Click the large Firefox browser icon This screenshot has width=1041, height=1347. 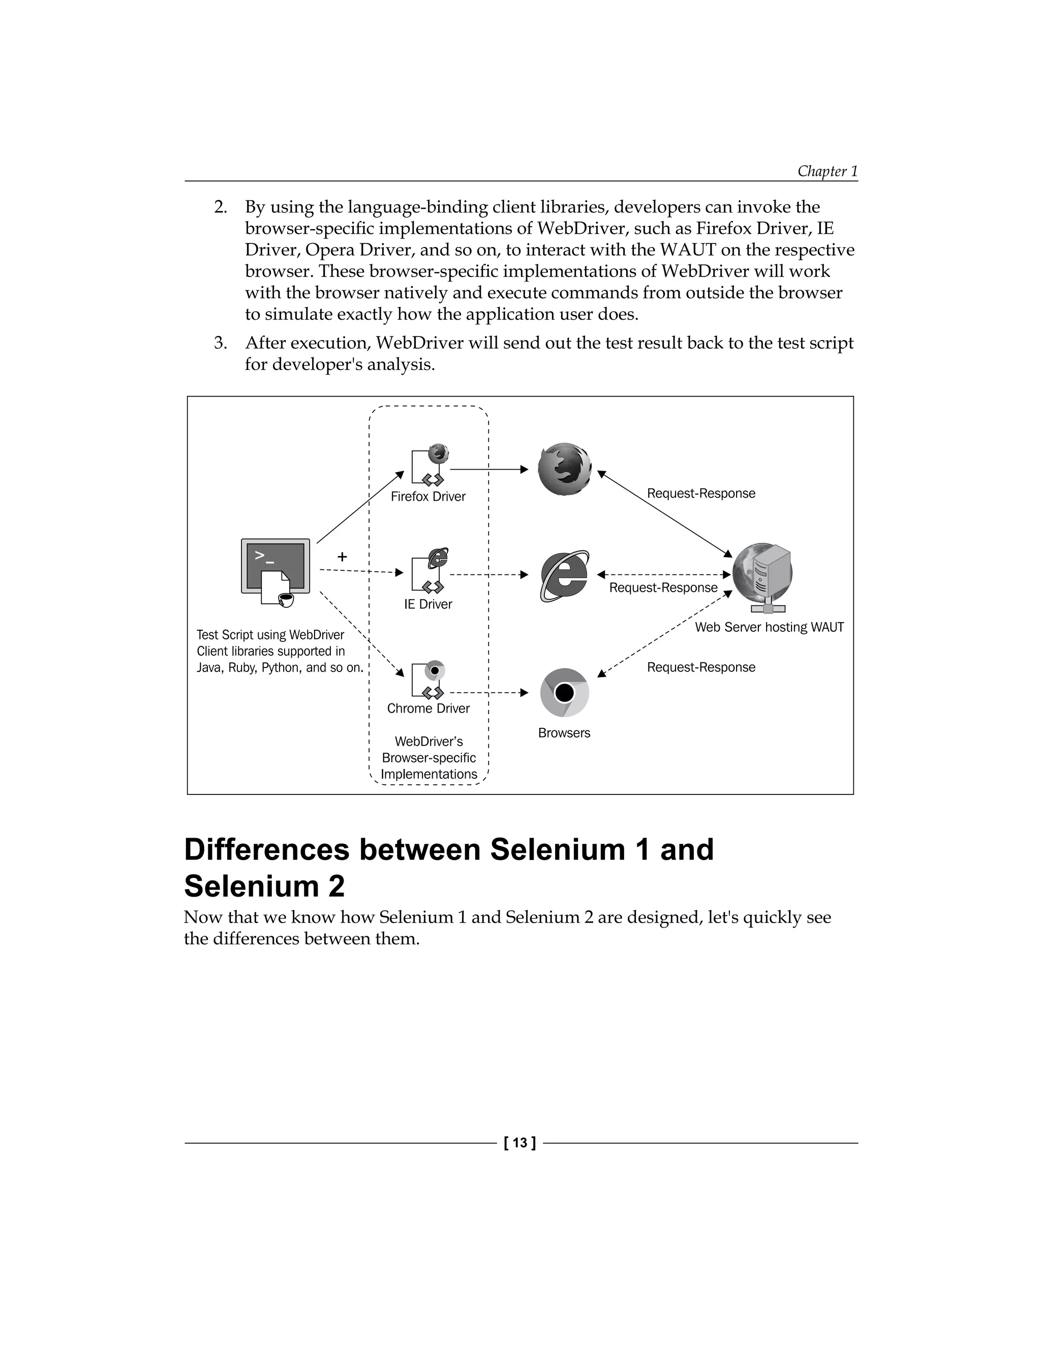pos(564,469)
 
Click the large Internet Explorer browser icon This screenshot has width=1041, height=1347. pos(564,575)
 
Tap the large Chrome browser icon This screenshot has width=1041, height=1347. pos(564,692)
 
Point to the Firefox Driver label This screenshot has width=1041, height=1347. pos(428,497)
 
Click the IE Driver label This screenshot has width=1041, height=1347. pos(428,604)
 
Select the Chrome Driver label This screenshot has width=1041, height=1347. pos(428,709)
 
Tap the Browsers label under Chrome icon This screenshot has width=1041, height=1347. pos(564,732)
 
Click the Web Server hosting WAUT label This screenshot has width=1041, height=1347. pos(769,627)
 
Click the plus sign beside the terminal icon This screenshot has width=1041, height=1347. pos(342,556)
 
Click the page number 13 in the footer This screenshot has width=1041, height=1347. pos(520,1143)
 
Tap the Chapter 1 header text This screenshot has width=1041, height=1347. pos(827,171)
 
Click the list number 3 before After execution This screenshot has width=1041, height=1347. pos(220,343)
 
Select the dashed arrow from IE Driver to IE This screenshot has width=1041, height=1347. pos(488,575)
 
